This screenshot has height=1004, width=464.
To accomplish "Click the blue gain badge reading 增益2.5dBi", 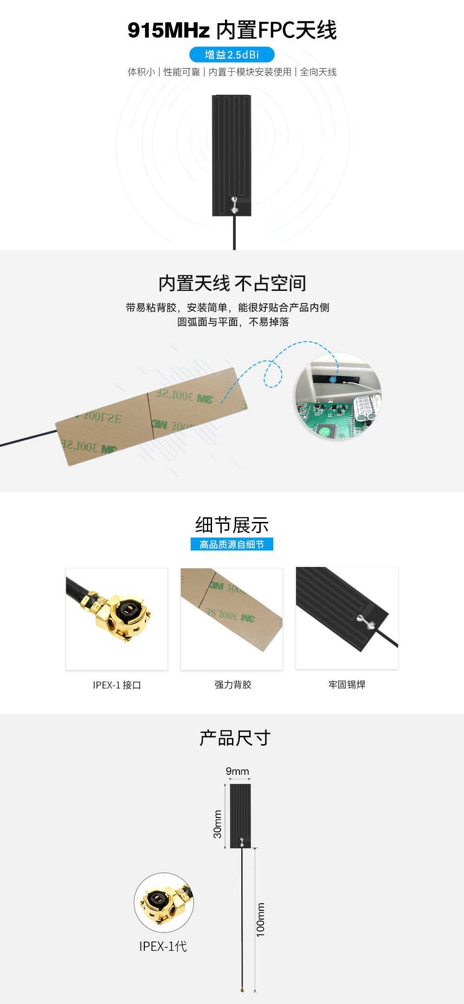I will [x=232, y=55].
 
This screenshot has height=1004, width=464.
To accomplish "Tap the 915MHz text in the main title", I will [x=168, y=31].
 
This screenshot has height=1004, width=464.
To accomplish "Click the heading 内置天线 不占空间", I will [x=232, y=283].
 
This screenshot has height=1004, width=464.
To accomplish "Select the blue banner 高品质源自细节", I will [x=232, y=544].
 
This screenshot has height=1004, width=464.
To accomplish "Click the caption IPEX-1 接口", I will [x=116, y=685].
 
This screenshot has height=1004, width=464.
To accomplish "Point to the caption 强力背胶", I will [x=232, y=685].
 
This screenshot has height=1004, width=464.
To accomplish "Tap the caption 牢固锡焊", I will [x=347, y=685].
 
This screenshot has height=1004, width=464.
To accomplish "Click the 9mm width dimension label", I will [x=237, y=771].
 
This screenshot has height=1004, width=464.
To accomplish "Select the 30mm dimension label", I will [x=218, y=824].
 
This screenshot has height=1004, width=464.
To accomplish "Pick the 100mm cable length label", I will [x=261, y=920].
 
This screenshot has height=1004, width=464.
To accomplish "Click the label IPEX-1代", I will [x=163, y=946].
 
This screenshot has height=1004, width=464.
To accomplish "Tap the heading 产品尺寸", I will [x=235, y=738].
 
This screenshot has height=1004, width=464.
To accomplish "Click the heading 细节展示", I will [x=232, y=525].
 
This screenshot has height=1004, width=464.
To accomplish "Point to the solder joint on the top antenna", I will [x=235, y=205].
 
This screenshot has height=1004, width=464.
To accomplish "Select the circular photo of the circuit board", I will [x=338, y=396].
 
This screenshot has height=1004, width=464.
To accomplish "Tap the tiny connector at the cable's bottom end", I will [x=242, y=990].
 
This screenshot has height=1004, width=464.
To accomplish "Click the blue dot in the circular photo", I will [x=333, y=380].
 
